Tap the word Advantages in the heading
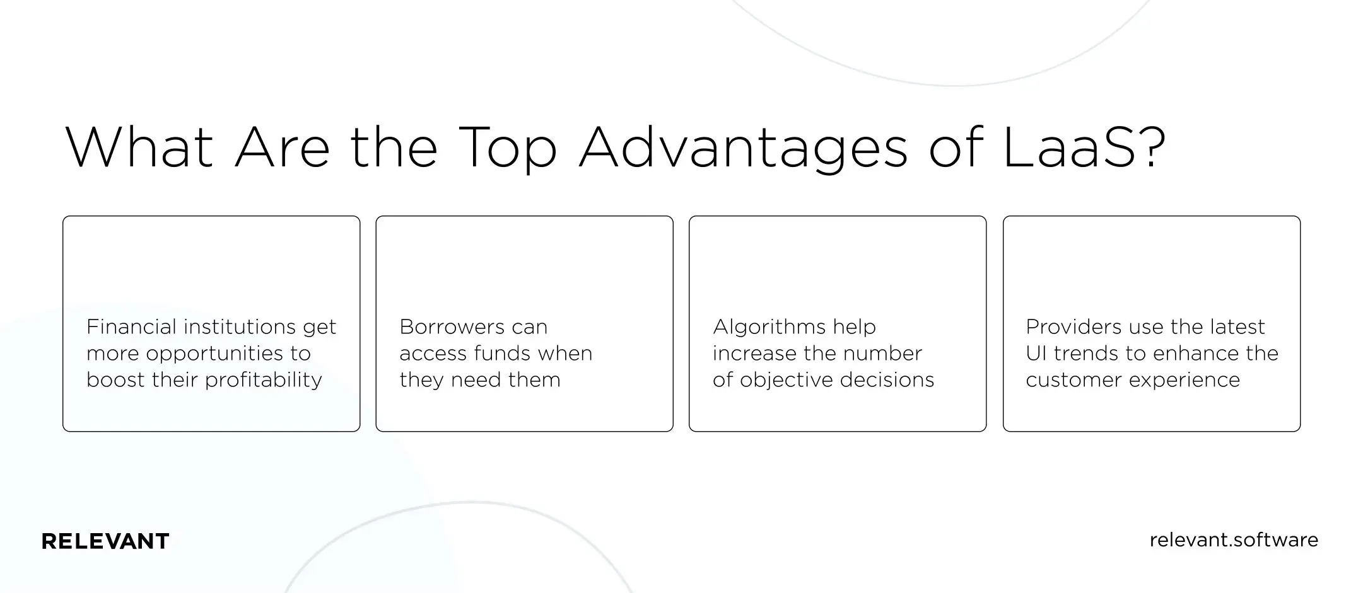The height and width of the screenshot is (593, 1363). click(x=743, y=149)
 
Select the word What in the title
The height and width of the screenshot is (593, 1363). click(x=139, y=148)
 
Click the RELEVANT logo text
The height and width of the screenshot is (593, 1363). click(x=105, y=541)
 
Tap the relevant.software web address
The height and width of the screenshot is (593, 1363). click(x=1234, y=540)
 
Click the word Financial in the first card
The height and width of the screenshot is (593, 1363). click(x=131, y=327)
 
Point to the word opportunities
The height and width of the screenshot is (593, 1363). click(x=215, y=354)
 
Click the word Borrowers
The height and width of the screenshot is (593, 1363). click(x=452, y=327)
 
